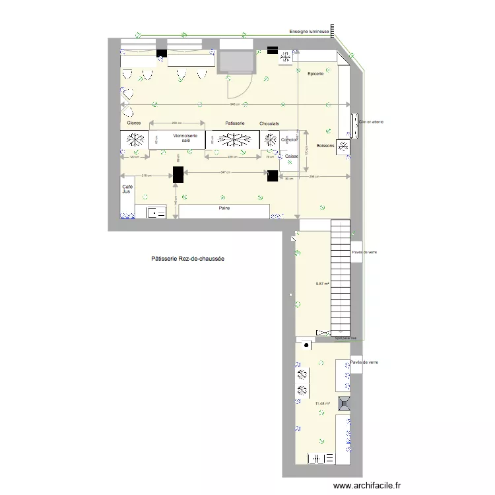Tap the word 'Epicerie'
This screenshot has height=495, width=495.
[315, 73]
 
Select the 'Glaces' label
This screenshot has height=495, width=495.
[134, 123]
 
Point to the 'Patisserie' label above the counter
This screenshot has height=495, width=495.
[235, 123]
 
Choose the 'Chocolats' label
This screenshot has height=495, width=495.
[269, 123]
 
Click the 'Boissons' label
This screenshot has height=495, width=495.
[326, 145]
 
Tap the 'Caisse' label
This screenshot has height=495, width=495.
[292, 156]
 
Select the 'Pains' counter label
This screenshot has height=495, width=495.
[225, 208]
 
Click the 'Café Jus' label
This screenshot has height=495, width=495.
[127, 189]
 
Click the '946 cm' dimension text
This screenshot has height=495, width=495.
[234, 105]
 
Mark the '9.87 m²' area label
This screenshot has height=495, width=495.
[323, 284]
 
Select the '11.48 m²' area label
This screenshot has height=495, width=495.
[322, 404]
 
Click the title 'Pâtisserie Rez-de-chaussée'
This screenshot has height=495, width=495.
[187, 259]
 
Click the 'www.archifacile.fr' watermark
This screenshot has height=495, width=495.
[368, 485]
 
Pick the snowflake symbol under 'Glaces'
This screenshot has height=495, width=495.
[136, 140]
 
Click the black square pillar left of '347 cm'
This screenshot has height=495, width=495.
[178, 174]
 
